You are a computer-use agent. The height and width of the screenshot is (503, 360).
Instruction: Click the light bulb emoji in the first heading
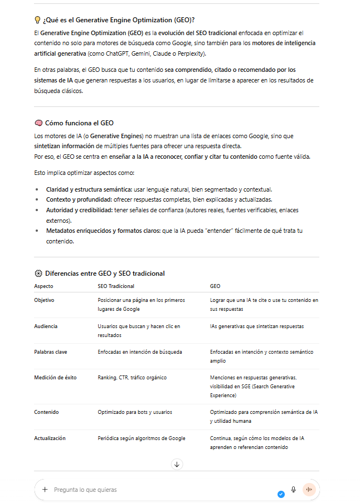pos(38,20)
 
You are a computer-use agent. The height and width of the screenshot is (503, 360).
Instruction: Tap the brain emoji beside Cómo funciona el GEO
pos(38,123)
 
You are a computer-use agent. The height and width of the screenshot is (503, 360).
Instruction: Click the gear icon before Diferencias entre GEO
pos(38,274)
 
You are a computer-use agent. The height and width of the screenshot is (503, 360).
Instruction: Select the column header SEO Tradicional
pos(116,286)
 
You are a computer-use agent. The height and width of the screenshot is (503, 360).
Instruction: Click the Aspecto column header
pos(44,286)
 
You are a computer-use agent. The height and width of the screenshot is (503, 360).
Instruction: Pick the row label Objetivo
pos(44,300)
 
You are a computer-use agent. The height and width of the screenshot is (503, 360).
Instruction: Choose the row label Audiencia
pos(46,326)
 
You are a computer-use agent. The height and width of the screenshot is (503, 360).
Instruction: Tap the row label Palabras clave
pos(50,352)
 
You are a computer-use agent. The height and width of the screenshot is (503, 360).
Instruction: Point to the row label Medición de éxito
pos(55,378)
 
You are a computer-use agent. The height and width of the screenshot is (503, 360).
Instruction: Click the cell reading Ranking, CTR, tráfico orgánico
pos(132,378)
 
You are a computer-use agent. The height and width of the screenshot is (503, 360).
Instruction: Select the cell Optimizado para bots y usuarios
pos(135,412)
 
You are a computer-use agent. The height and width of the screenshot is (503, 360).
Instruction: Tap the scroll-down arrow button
pos(177,464)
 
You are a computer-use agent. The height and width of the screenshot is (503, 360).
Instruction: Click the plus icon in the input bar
pos(45,490)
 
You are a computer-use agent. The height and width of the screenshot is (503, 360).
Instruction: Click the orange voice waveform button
pos(309,490)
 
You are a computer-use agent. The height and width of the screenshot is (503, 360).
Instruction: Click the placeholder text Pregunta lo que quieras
pos(85,490)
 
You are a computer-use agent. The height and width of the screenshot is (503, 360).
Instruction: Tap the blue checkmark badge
pos(281,494)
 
